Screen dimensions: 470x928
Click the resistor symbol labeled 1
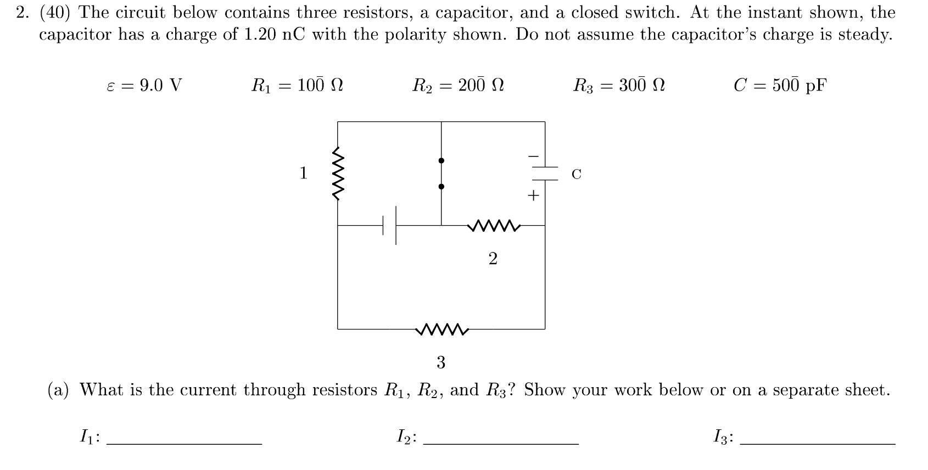(337, 173)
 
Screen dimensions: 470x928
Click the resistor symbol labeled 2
(493, 225)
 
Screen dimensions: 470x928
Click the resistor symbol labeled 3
(441, 329)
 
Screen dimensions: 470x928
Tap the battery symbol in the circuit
(390, 225)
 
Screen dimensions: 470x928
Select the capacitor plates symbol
(544, 174)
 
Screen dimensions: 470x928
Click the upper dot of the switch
(441, 160)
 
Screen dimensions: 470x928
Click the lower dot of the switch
(441, 187)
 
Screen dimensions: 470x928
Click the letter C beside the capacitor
(576, 175)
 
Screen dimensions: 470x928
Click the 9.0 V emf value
(160, 86)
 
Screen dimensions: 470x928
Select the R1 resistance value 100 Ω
(320, 86)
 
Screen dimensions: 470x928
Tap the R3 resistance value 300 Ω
(641, 86)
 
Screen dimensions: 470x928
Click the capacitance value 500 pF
(799, 86)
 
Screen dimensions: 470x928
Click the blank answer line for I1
(184, 443)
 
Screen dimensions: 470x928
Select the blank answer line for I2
(501, 443)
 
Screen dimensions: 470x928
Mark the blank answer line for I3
(818, 443)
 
